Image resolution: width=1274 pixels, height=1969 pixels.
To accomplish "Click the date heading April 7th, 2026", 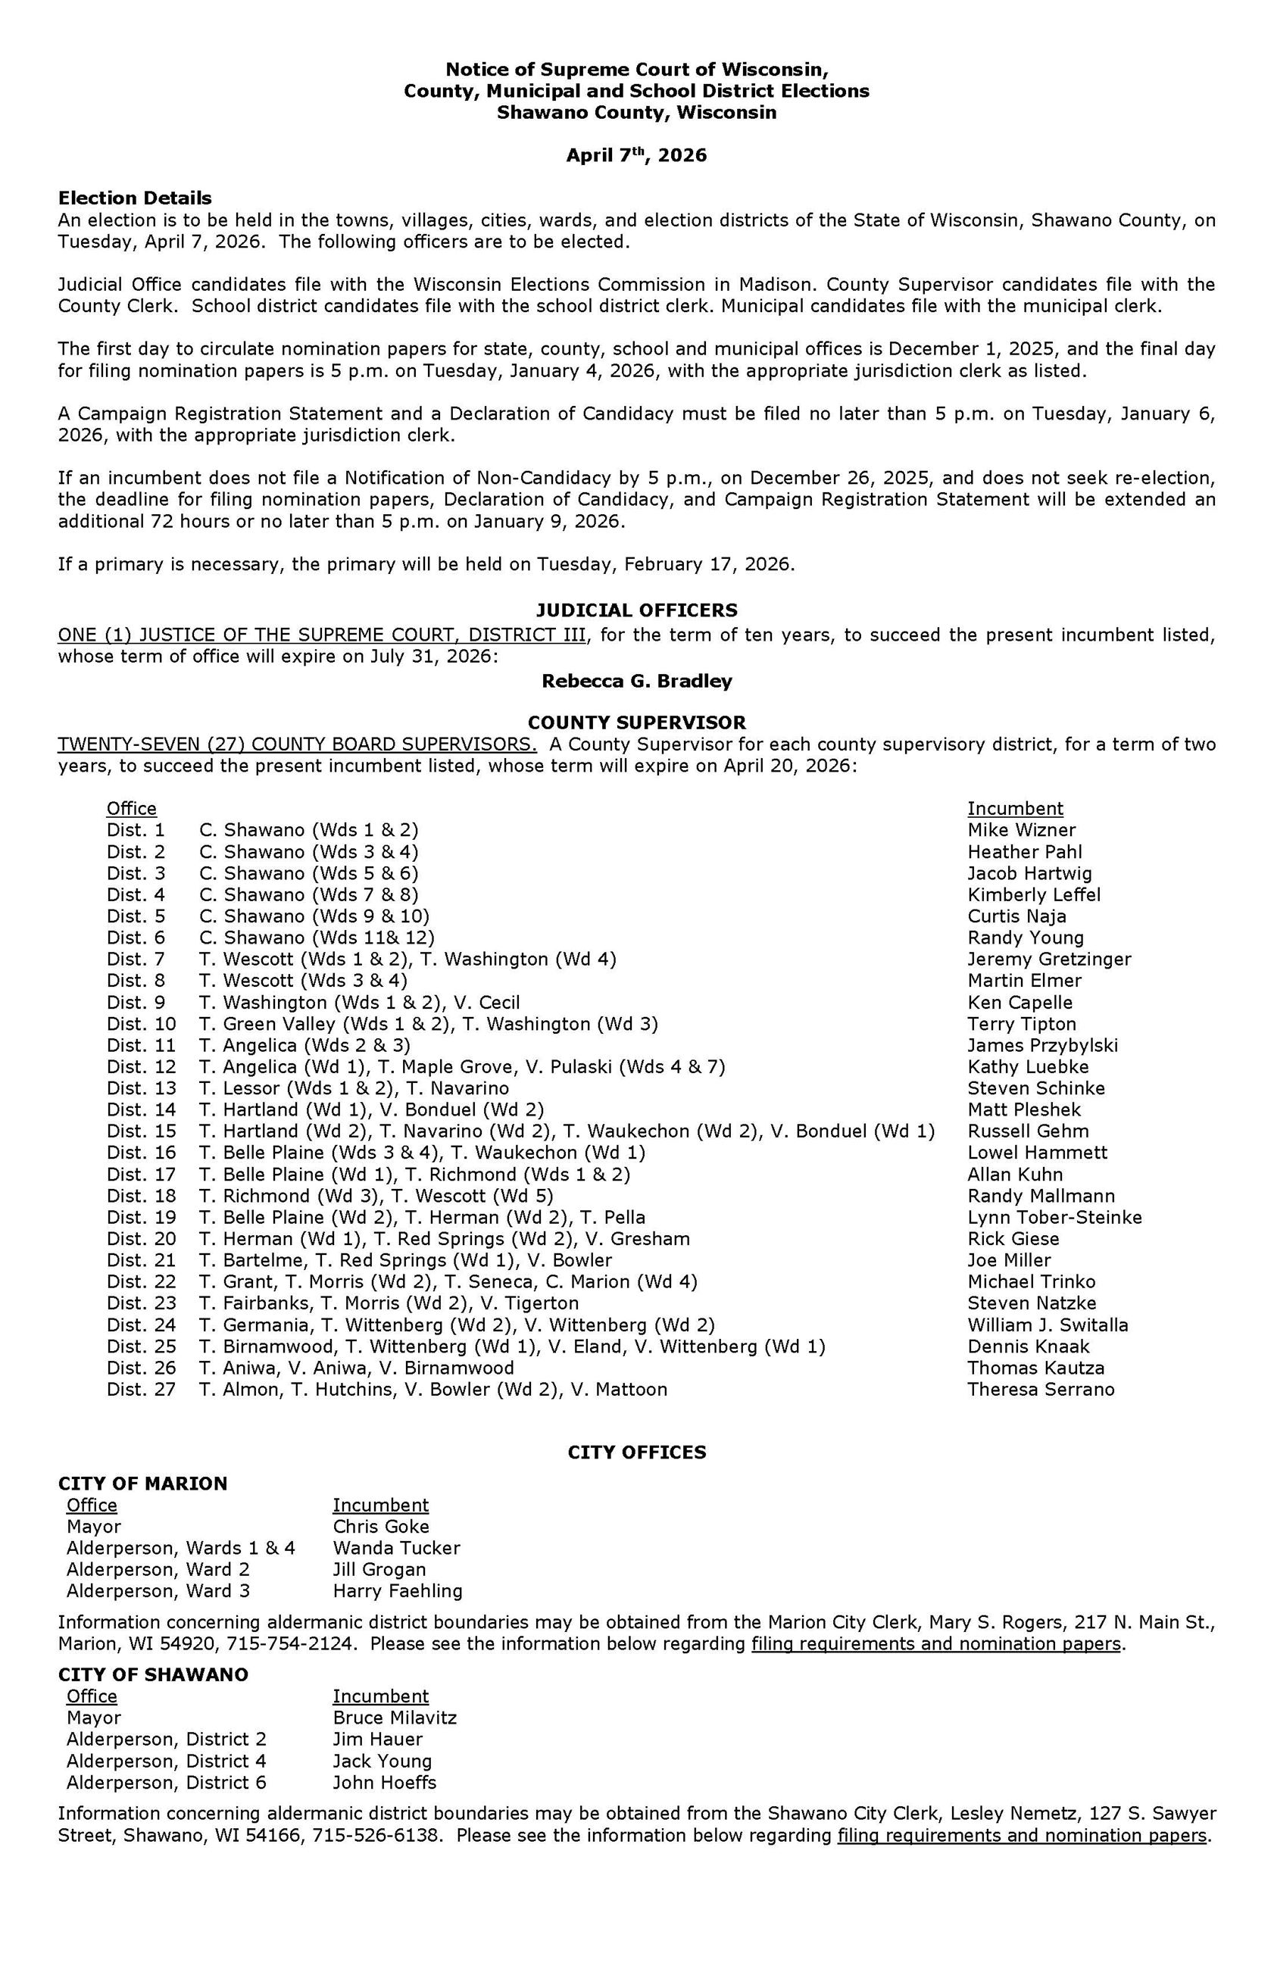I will (x=636, y=155).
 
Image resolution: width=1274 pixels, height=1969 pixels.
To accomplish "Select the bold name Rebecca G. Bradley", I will (x=636, y=682).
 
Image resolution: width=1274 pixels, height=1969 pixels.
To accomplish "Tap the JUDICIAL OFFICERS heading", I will (x=636, y=610).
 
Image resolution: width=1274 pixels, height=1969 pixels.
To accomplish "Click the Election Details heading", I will (x=135, y=198).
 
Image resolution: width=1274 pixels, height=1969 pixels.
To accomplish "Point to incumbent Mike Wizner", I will (x=1021, y=830).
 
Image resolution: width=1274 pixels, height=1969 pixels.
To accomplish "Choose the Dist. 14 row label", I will (x=142, y=1109).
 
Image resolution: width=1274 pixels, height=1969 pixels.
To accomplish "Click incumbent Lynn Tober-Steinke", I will (x=1054, y=1217).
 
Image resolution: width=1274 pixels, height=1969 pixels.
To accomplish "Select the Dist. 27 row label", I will (x=142, y=1390).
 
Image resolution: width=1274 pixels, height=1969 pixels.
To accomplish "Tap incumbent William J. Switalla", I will (x=1048, y=1325).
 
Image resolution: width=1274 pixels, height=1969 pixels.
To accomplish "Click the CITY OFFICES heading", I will (x=636, y=1453).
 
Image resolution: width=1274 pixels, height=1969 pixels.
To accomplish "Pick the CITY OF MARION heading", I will (x=142, y=1484).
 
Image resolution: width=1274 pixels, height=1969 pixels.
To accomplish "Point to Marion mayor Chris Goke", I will (x=380, y=1527).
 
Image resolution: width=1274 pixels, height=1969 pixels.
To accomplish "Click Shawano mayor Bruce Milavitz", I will (x=395, y=1718).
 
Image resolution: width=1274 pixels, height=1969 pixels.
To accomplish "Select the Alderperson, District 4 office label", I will (x=167, y=1761).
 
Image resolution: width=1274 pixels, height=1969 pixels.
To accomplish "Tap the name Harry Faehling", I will (x=397, y=1591).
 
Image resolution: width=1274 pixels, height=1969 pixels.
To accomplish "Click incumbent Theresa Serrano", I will (x=1041, y=1390).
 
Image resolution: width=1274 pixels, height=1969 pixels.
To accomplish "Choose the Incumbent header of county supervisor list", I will (x=1015, y=809).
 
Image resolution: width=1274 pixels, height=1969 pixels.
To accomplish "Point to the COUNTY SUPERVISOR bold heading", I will (x=636, y=722).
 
